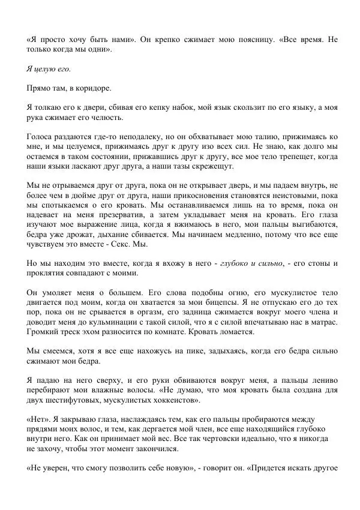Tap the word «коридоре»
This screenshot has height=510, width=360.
94,88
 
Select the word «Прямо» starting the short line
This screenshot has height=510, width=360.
40,88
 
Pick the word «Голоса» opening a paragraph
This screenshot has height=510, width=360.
41,137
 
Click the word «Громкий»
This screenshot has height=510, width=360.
44,332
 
